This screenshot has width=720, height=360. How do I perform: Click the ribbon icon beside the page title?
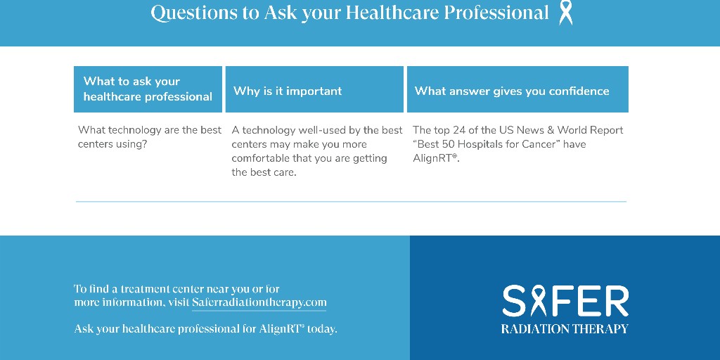click(565, 13)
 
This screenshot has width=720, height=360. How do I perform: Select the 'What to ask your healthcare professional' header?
click(148, 89)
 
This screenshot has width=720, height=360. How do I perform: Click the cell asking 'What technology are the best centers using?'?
click(149, 137)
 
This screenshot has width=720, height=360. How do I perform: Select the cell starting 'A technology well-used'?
click(316, 151)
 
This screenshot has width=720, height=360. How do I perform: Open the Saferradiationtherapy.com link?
click(259, 302)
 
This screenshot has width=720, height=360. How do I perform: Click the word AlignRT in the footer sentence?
click(281, 328)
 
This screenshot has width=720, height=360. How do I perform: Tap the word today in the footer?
click(322, 328)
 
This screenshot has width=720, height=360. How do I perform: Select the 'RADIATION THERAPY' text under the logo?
click(565, 328)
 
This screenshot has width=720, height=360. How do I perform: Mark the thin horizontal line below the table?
click(351, 202)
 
